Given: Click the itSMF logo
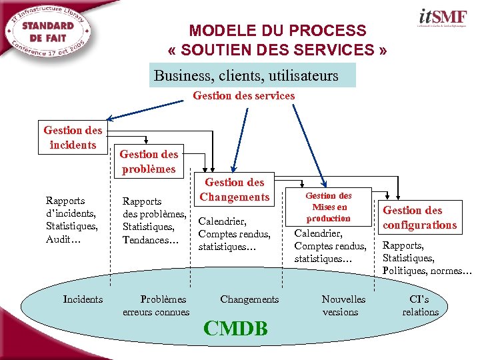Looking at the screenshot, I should point(443,19).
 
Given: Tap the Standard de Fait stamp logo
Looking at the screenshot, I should point(48,33).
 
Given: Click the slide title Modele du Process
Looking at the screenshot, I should point(277,40).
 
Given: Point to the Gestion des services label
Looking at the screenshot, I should point(243,95).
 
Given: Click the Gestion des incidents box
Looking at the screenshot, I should point(73,137).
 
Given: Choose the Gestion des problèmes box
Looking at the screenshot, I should point(149,161).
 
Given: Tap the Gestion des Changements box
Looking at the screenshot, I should point(234,189).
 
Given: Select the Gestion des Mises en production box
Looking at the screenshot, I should point(328,207).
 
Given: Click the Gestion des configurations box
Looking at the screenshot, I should point(419,217).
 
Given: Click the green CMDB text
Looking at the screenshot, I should point(236,328).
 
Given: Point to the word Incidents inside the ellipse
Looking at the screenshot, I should point(83,299).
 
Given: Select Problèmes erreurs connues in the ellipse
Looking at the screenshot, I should point(156,305).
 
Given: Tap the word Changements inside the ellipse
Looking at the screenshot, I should point(249,299).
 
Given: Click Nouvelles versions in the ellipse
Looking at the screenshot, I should point(343,305).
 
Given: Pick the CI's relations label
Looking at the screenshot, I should point(420,305).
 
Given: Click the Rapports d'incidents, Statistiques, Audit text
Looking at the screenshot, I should point(71,219).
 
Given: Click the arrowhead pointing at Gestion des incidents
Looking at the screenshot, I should point(111,121).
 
